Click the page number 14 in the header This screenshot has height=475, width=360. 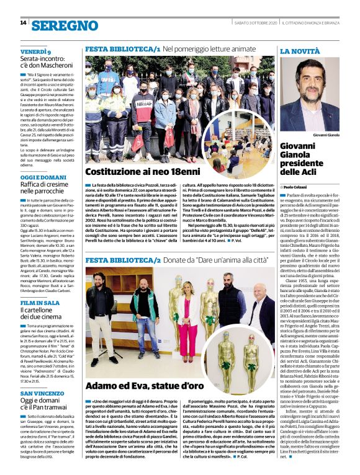(x=23, y=22)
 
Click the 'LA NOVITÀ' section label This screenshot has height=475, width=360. (x=300, y=51)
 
